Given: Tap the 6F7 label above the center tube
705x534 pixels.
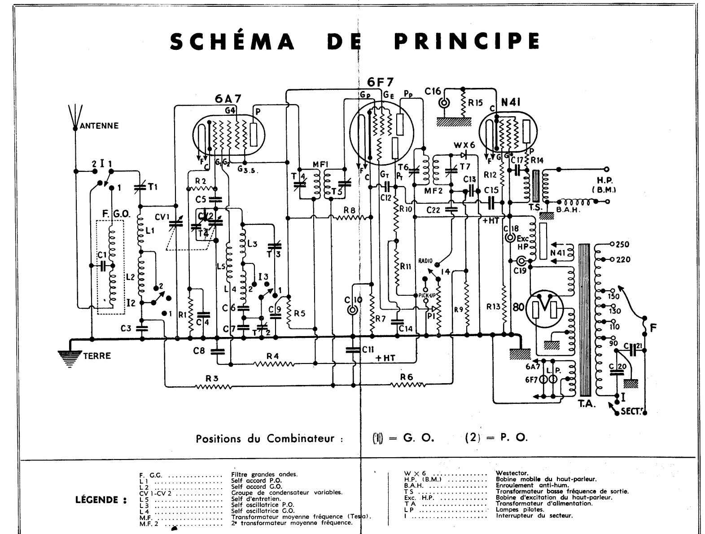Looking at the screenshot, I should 377,82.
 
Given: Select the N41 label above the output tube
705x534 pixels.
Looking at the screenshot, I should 511,102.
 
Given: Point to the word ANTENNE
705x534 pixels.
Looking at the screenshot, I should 99,126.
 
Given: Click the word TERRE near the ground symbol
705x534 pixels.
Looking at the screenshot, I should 96,356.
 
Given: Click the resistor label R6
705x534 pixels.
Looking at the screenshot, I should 407,377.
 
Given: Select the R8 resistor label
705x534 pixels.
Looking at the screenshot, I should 350,210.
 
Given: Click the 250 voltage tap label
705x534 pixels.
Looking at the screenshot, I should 623,245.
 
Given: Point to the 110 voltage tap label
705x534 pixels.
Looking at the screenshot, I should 614,326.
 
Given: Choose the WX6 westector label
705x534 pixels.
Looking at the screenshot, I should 464,146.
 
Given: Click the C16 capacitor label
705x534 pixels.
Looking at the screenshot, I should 433,92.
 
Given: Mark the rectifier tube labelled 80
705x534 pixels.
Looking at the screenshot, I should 518,307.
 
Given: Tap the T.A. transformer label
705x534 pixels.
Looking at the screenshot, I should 587,403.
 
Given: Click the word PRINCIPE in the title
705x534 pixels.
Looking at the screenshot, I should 467,42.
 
